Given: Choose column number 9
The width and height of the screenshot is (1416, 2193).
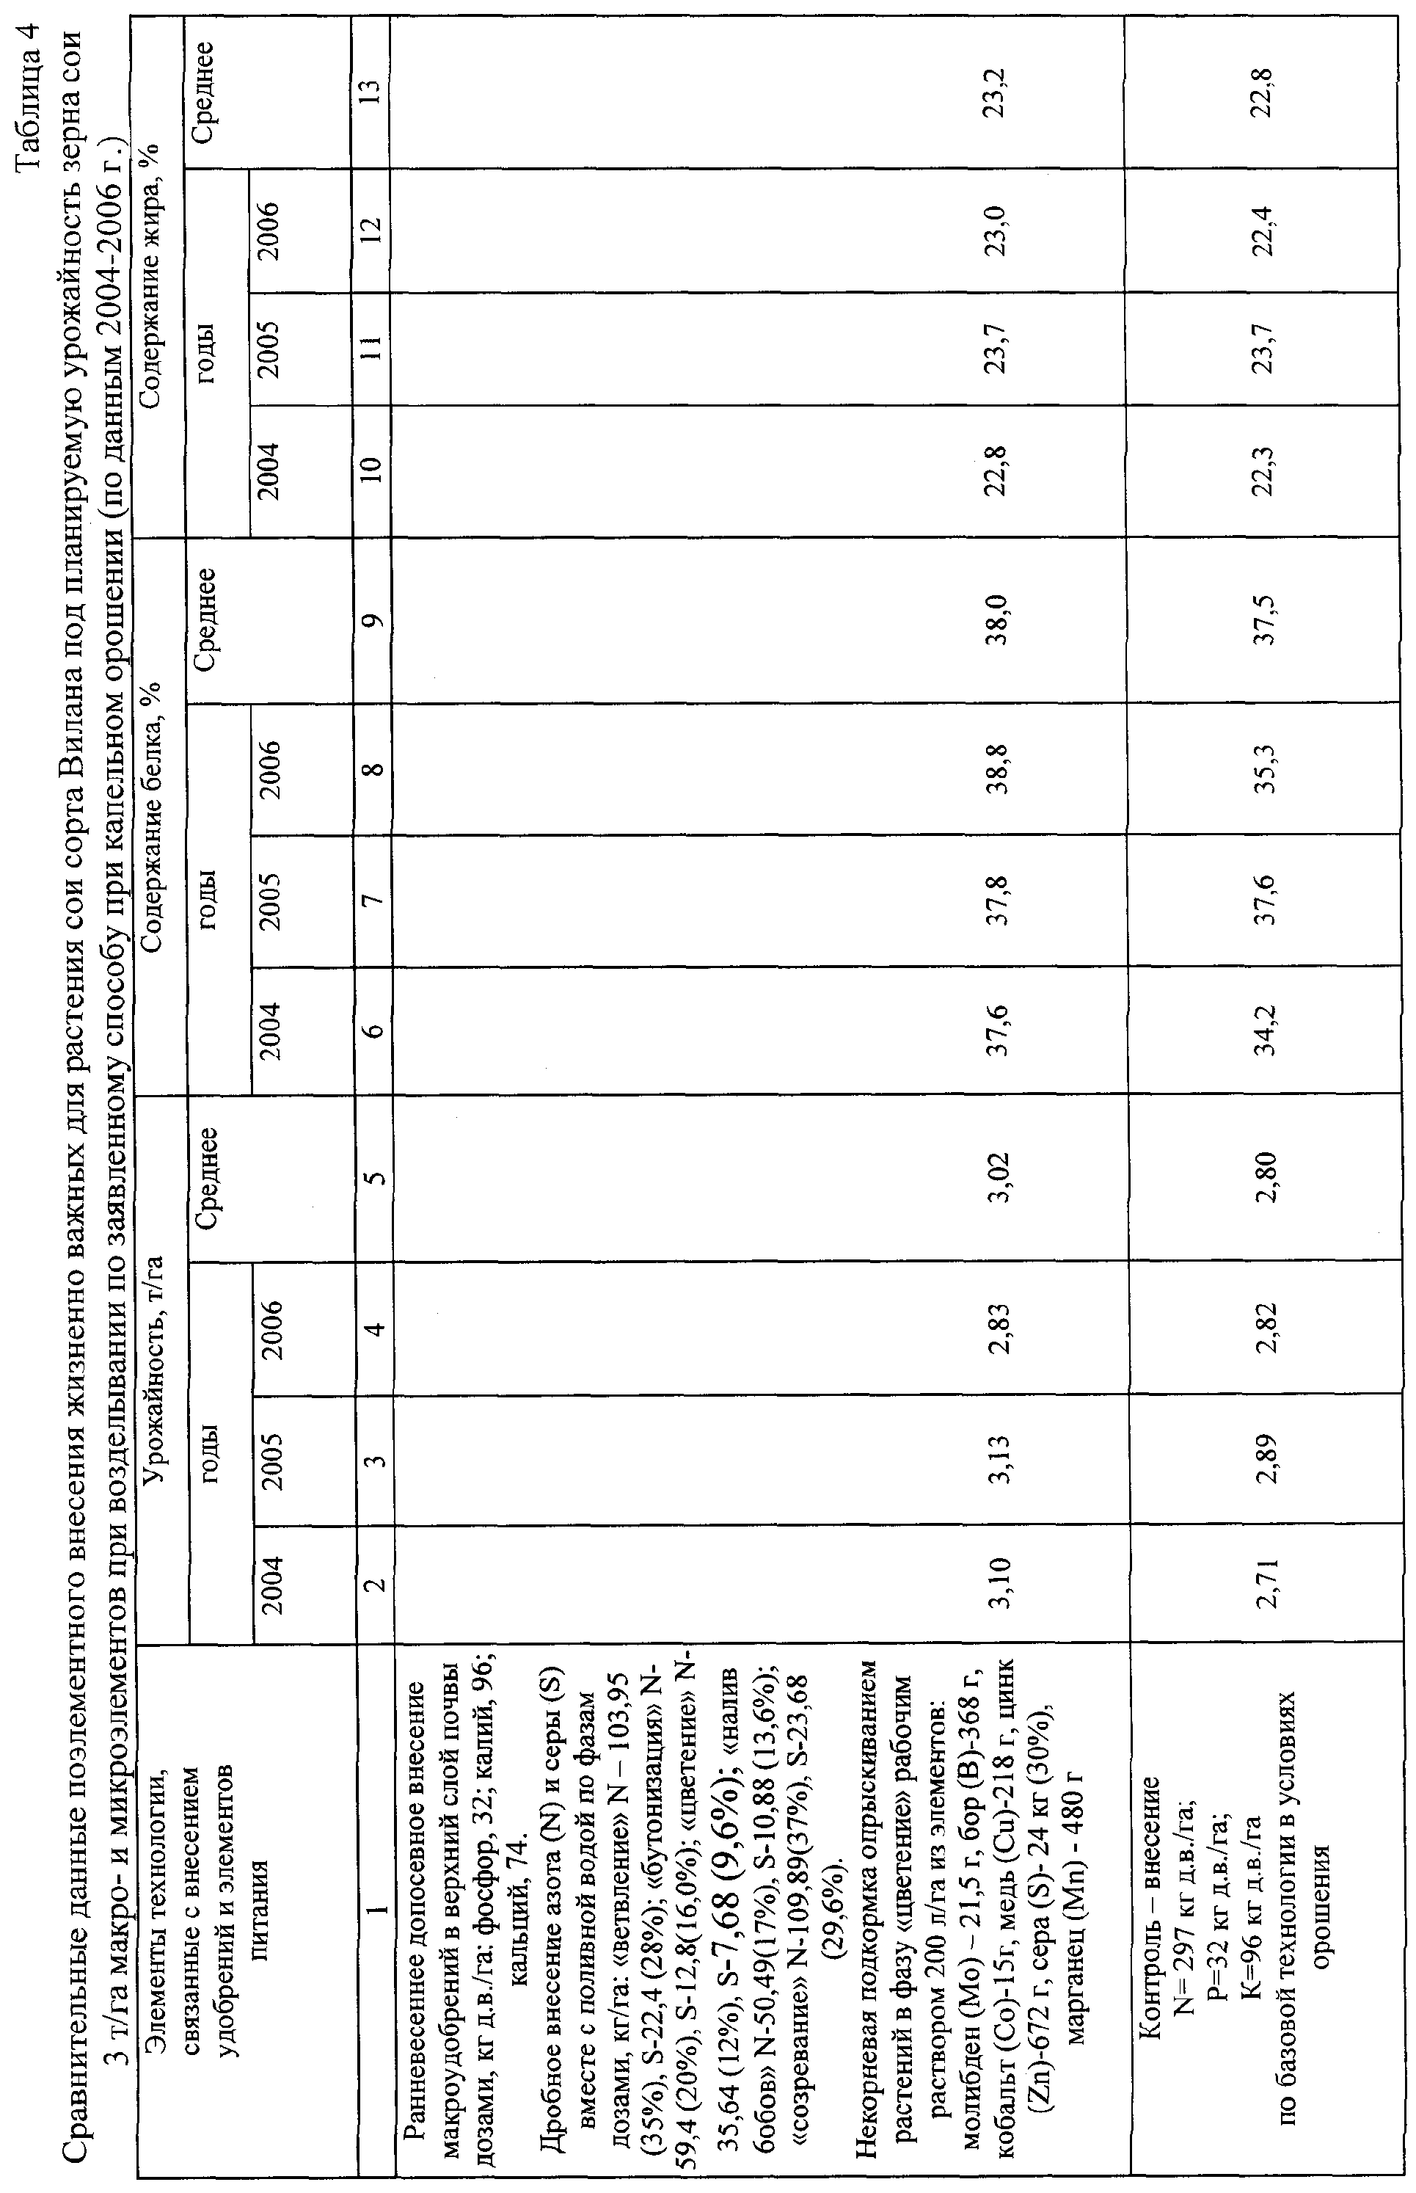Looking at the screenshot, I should tap(373, 620).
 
